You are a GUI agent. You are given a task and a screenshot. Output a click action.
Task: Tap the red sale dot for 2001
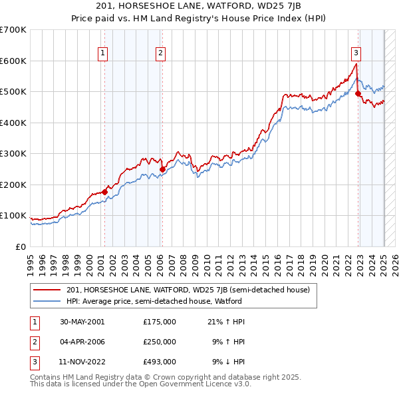click(x=104, y=192)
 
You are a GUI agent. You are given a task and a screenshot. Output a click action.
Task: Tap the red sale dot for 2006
click(x=162, y=169)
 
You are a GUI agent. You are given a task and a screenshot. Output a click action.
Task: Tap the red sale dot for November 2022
click(x=358, y=94)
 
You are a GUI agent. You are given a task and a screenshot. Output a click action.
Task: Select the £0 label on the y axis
click(x=20, y=246)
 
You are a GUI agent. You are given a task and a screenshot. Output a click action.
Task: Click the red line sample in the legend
click(x=47, y=290)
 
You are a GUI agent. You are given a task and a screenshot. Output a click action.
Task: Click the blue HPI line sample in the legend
click(x=47, y=302)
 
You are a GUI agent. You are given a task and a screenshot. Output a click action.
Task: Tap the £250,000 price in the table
click(x=159, y=342)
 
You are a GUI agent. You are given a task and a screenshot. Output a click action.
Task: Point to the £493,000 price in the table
click(x=159, y=363)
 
